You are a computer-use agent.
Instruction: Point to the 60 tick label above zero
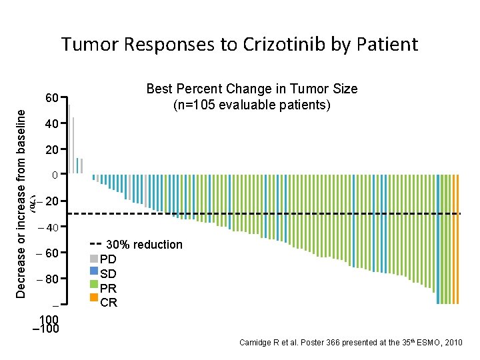coord(52,98)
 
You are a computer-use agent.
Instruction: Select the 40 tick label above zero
coord(52,124)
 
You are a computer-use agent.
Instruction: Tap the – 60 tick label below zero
coord(47,253)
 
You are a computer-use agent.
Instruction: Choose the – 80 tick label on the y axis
coord(47,279)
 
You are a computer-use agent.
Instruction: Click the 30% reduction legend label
coord(144,245)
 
